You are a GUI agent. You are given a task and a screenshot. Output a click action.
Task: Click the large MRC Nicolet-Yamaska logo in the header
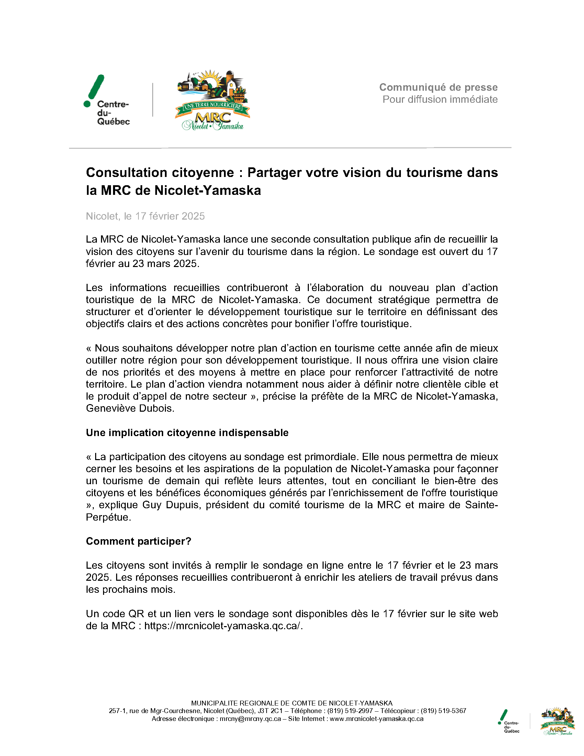(213, 100)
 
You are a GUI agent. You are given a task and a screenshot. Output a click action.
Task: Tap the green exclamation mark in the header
(94, 90)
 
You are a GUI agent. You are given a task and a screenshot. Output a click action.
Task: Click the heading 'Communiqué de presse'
(438, 87)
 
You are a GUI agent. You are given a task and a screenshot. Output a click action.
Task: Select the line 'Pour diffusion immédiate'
(440, 99)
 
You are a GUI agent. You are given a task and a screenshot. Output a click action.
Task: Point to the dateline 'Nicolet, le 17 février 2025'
(145, 216)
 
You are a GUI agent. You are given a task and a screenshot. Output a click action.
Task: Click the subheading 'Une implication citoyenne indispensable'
(187, 433)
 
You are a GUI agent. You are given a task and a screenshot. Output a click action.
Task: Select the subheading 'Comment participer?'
(138, 541)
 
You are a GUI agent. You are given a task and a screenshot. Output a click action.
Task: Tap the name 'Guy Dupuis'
(171, 505)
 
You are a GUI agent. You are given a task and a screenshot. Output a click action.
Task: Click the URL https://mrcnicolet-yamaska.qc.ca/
(223, 626)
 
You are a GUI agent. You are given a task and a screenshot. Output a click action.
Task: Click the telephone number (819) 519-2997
(350, 711)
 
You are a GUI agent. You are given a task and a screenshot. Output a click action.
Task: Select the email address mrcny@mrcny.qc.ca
(250, 719)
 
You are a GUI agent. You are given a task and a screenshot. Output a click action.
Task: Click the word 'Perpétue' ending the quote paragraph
(108, 517)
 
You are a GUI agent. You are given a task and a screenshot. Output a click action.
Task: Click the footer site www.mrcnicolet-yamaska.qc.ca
(377, 719)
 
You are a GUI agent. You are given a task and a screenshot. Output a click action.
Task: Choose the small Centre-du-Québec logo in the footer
(508, 721)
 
